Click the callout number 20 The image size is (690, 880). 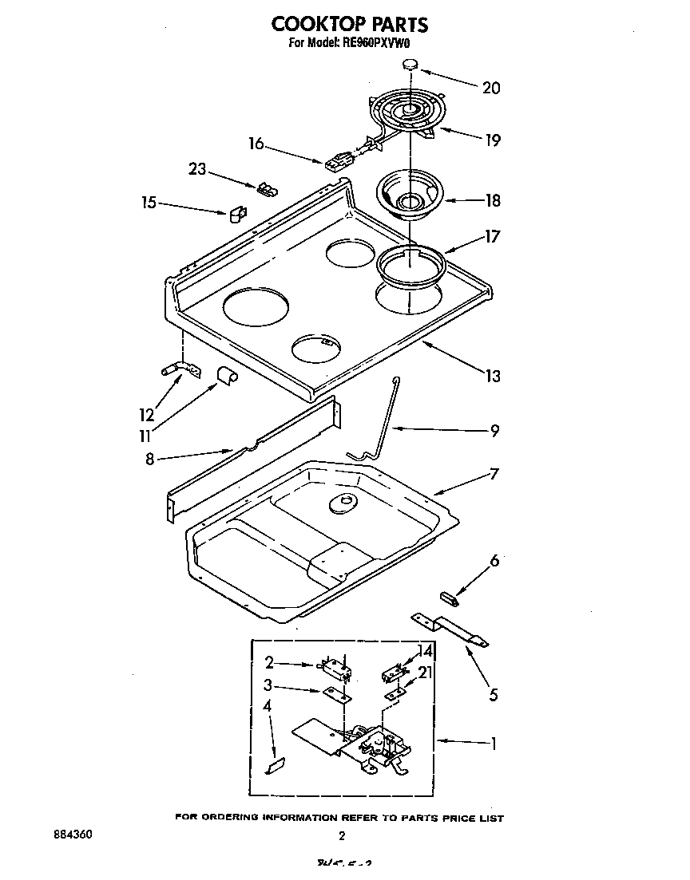click(x=491, y=88)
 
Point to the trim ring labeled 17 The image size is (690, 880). click(x=410, y=263)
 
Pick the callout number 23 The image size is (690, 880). click(x=196, y=168)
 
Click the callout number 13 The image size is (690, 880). click(x=493, y=376)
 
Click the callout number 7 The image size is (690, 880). click(x=494, y=474)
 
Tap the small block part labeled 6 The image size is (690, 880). click(x=450, y=596)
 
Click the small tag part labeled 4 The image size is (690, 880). click(x=274, y=765)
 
